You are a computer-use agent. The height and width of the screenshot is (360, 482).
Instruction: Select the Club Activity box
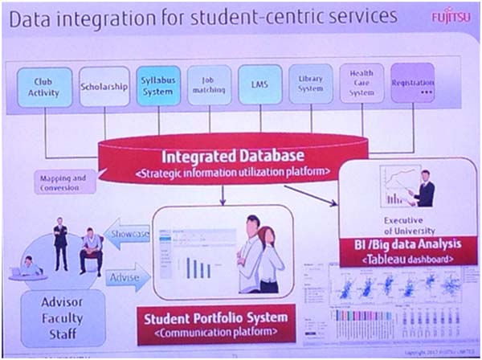coord(44,87)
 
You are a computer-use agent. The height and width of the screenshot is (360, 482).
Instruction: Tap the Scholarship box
coord(104,87)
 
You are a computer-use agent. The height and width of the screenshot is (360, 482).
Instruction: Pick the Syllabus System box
coord(157,85)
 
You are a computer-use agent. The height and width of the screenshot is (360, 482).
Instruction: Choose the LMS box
coord(259,85)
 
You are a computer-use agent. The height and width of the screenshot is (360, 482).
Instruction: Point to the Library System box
coord(310,84)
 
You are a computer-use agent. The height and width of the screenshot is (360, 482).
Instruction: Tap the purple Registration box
coord(412,84)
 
